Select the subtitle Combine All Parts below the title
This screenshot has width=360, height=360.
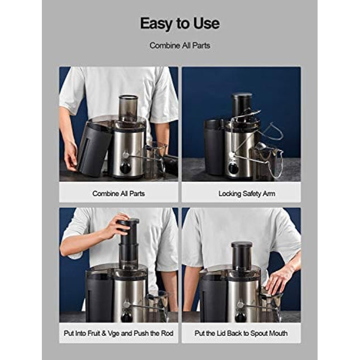point(180,45)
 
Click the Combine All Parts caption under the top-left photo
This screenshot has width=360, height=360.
point(118,193)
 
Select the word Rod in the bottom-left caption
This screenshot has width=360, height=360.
point(166,333)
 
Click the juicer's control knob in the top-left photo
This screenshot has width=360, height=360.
point(126,166)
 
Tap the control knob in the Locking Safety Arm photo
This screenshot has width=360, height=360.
point(233,166)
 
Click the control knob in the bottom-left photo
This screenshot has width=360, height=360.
point(127,316)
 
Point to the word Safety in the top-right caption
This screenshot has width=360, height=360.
point(257,193)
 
